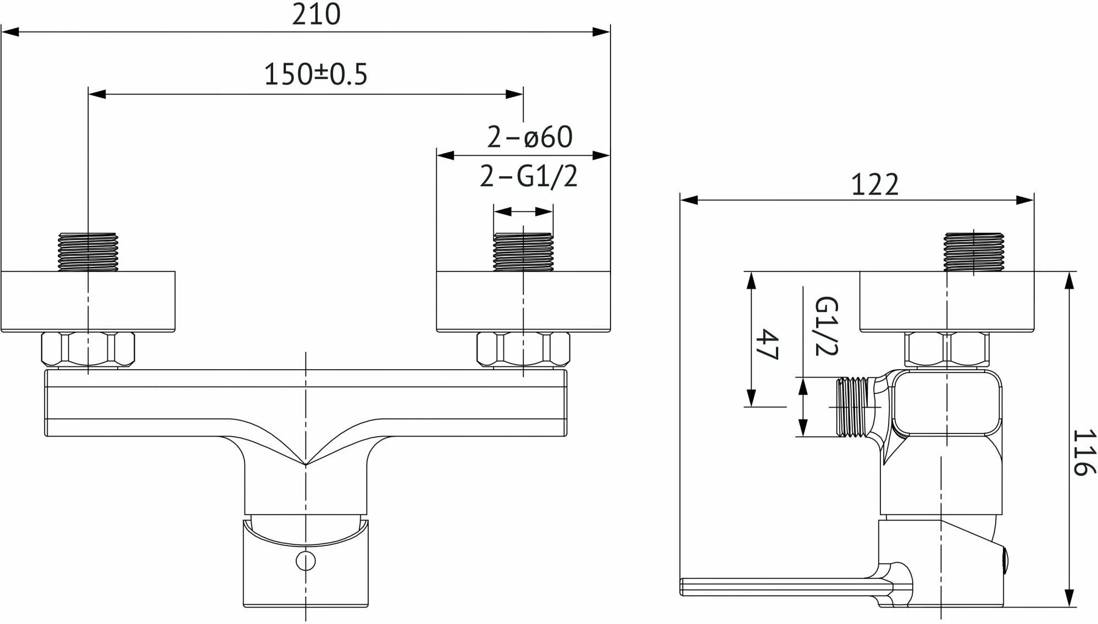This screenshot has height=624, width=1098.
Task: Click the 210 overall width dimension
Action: (316, 14)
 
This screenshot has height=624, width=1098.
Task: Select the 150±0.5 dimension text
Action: (315, 74)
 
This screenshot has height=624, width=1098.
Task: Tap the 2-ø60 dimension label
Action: (530, 137)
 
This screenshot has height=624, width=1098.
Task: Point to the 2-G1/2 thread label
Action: (529, 176)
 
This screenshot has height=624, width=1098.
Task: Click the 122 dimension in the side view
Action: (875, 185)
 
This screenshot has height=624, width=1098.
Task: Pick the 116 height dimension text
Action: (1084, 452)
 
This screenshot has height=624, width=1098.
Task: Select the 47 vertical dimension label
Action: (768, 344)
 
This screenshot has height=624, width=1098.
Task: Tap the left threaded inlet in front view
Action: (88, 252)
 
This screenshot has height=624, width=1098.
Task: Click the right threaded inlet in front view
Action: (523, 252)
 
